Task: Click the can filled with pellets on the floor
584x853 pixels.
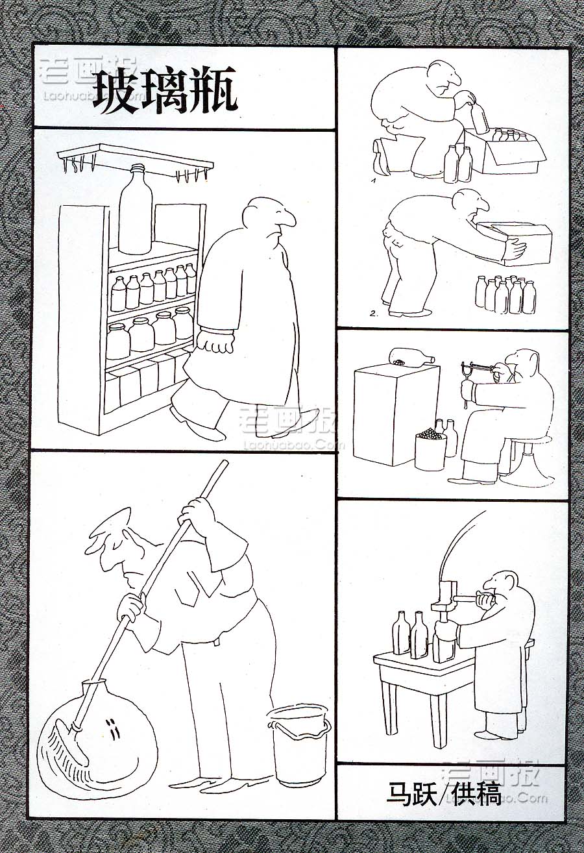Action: [430, 451]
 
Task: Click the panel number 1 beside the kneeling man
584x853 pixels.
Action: [374, 181]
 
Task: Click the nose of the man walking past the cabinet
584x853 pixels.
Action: [287, 219]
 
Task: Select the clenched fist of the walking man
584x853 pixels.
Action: [216, 340]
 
